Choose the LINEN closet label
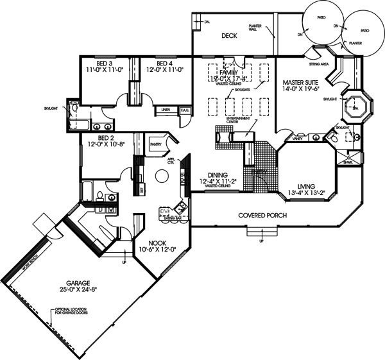[165, 110]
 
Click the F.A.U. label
[185, 110]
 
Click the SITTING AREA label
[319, 65]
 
